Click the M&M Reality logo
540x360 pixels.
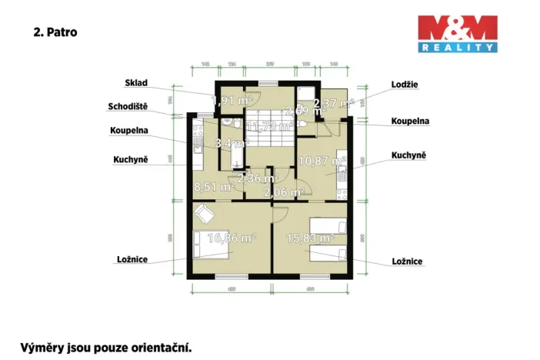click(x=456, y=34)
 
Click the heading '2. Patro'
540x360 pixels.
click(x=55, y=33)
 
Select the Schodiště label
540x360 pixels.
click(x=128, y=107)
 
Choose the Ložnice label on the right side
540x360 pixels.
click(x=405, y=262)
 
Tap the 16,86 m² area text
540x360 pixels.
click(x=232, y=238)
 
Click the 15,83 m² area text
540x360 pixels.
click(x=310, y=238)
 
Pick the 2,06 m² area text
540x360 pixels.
click(x=284, y=192)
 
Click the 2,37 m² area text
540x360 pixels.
click(x=333, y=102)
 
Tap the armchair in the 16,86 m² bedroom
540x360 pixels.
click(x=202, y=213)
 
